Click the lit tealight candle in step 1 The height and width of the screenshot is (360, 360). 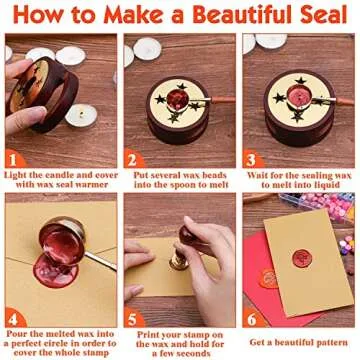80,112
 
